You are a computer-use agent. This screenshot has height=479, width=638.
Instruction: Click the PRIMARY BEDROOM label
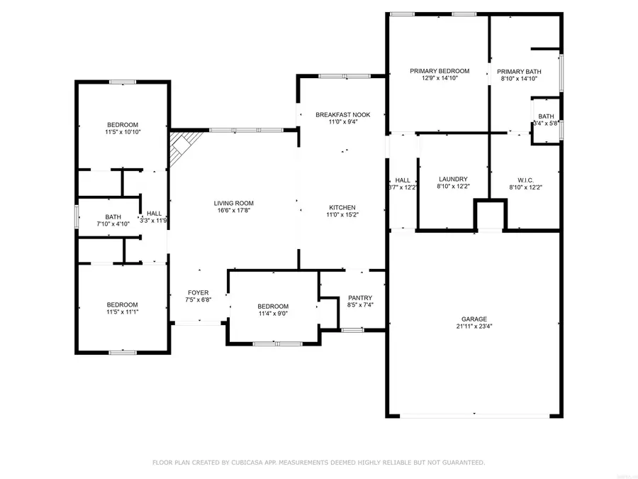440,71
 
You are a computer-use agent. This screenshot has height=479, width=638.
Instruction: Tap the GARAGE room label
470,319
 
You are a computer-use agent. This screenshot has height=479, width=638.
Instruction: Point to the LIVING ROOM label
233,204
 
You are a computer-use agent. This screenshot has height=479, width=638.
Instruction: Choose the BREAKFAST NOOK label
343,114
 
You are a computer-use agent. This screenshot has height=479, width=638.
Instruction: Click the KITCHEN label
340,207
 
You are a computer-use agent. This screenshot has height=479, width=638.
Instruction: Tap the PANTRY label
360,297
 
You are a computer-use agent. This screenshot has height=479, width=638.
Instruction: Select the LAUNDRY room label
453,179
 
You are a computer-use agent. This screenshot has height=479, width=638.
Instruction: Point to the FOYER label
198,292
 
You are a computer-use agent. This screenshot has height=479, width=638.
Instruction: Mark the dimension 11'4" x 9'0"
273,313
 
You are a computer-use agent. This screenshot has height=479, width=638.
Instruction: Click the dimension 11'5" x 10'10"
123,132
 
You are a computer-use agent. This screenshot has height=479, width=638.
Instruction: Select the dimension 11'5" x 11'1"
123,312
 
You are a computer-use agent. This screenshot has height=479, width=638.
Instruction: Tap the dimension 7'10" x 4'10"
113,224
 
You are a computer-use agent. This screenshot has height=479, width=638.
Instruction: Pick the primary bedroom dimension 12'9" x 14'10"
440,79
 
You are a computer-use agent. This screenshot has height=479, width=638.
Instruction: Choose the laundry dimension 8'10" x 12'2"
453,187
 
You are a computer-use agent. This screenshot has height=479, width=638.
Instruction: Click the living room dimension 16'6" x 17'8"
233,211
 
